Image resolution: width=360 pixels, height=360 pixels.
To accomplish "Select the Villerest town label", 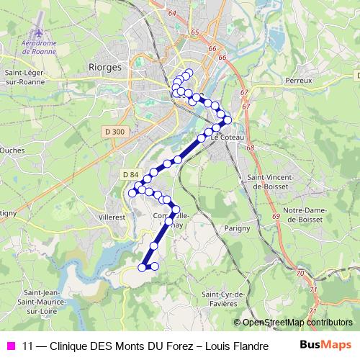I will tap(111, 215).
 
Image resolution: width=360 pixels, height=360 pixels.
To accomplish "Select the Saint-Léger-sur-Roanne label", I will tap(26, 76).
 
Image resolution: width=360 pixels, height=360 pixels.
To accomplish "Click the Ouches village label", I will tap(12, 150).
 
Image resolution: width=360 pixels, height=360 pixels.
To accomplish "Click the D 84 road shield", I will tap(130, 175).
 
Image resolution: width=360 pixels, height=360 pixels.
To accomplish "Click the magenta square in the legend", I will tap(10, 346).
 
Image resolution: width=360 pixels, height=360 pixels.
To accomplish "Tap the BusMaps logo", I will tap(325, 345).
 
